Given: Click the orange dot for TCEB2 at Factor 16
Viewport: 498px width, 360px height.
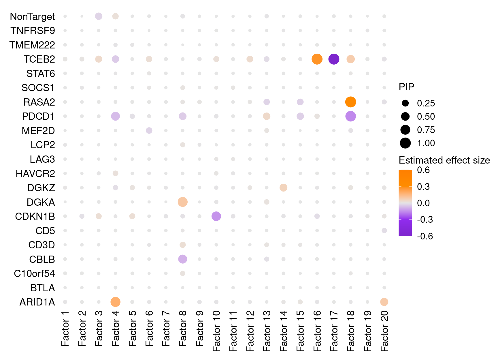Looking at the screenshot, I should point(317,59).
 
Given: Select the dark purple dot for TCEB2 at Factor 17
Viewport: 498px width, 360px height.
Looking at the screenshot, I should point(334,59).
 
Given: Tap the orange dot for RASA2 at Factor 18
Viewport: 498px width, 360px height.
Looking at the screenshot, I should point(350,102).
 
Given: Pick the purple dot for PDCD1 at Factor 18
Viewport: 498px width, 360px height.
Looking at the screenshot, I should point(350,116).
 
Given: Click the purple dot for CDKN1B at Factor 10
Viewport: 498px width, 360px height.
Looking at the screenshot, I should point(216,216).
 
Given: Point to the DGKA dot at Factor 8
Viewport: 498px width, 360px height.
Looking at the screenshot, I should point(182,202).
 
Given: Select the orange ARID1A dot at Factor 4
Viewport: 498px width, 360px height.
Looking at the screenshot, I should point(115,302).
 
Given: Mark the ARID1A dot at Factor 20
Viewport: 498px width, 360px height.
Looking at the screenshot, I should point(384,302).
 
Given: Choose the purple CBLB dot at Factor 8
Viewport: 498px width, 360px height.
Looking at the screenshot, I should point(182,259).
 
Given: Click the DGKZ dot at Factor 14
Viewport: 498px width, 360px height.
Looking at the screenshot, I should point(283,188).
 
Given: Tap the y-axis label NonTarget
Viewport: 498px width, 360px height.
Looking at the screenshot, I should point(32,17).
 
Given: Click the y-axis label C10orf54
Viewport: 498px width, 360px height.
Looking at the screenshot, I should point(34,273).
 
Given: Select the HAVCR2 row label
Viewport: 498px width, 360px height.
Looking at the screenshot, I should point(35,174).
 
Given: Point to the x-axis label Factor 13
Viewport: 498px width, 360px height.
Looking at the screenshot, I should point(267,331).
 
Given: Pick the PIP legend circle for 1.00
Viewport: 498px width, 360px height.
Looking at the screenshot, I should point(405,143).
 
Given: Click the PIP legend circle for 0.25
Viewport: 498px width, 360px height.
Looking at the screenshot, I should point(405,103).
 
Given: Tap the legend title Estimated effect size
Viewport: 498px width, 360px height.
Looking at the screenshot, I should point(444,160).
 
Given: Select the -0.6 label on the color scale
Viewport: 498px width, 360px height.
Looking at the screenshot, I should point(425,236).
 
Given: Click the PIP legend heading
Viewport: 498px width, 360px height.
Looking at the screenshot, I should point(406,87).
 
